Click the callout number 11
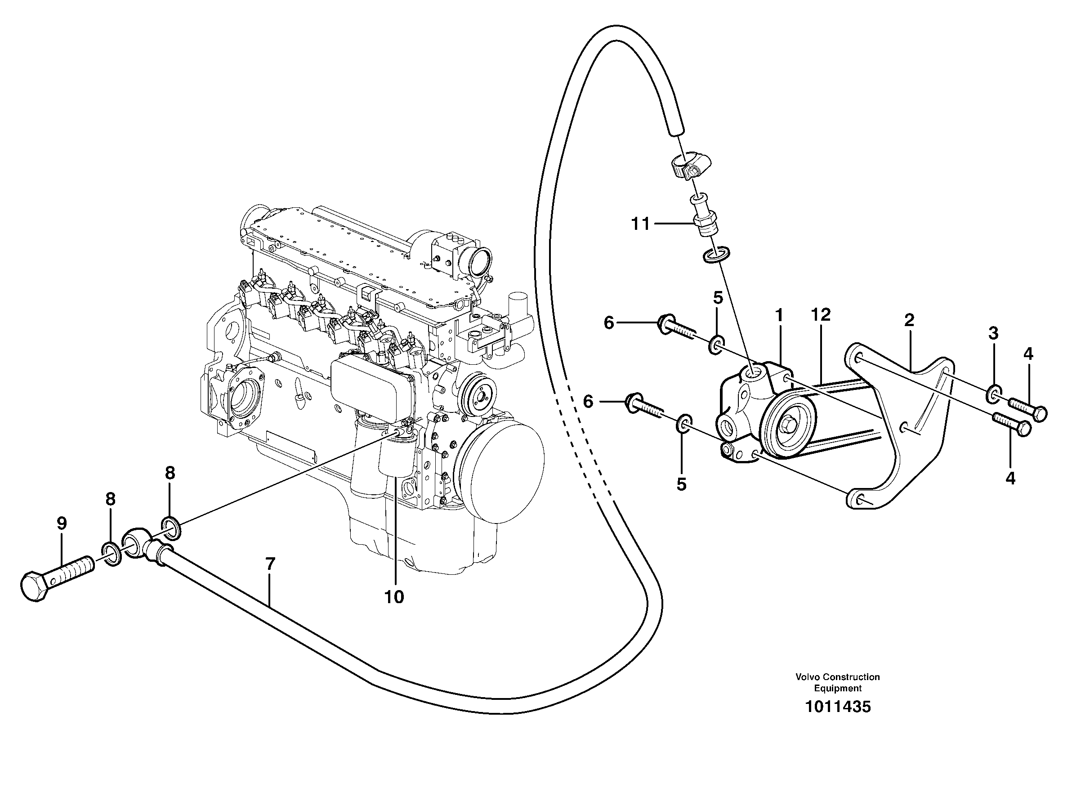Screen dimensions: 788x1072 (x=640, y=223)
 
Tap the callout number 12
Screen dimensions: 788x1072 (x=820, y=314)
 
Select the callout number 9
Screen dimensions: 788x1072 (x=62, y=523)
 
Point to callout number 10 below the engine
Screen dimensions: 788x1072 (x=394, y=597)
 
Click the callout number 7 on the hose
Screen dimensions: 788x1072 (x=270, y=564)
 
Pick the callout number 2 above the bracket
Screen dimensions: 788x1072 (x=909, y=320)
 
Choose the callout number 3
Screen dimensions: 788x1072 (x=993, y=333)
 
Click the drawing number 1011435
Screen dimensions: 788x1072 (x=837, y=707)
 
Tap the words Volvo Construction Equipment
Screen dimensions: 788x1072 (x=837, y=682)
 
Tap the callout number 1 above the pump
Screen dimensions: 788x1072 (x=779, y=315)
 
